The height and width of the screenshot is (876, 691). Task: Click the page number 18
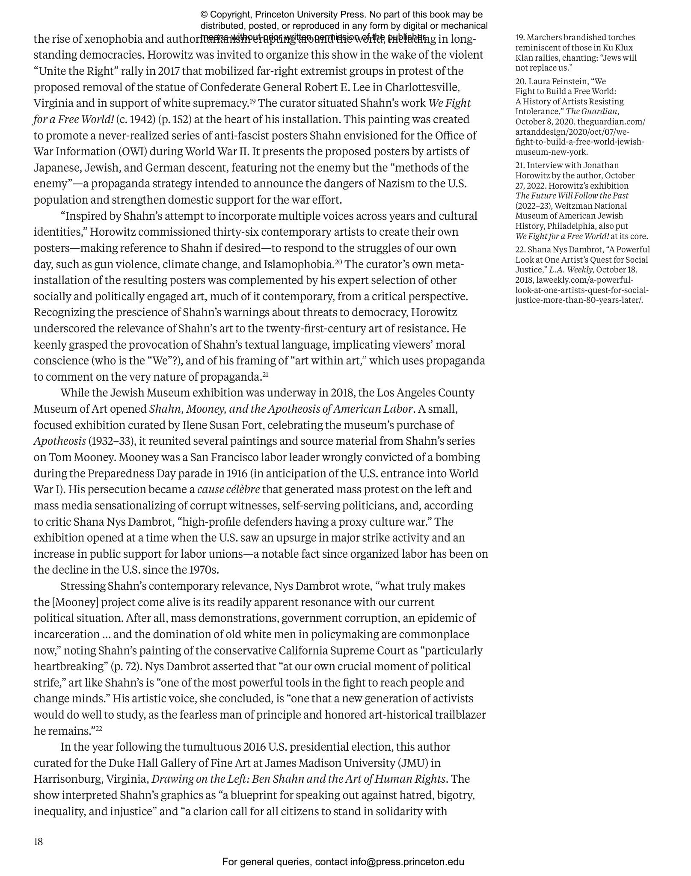(x=38, y=842)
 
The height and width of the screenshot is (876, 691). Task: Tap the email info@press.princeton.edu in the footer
(x=407, y=862)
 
